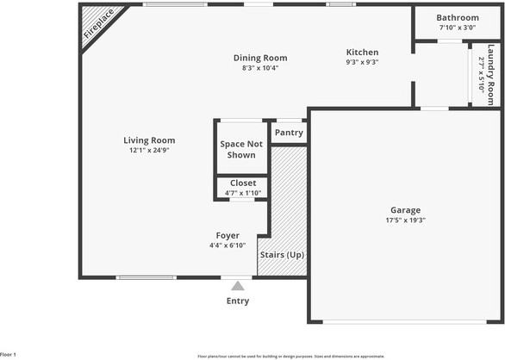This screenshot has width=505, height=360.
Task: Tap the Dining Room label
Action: coord(260,58)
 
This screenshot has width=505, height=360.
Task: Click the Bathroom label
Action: coord(457,17)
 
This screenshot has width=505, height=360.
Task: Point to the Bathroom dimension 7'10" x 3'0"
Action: coord(457,28)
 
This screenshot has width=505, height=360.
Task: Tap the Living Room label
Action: coord(149,140)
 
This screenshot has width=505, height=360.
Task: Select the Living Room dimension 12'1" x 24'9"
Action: coord(149,151)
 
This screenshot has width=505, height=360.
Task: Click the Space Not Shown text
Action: coord(241,149)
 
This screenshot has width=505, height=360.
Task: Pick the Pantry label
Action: coord(289,133)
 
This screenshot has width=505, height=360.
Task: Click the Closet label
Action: coord(242,183)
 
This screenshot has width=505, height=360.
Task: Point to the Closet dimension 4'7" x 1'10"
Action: coord(242,193)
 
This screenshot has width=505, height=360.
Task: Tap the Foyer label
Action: coord(228,235)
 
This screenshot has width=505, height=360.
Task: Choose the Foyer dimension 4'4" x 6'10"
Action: coord(228,245)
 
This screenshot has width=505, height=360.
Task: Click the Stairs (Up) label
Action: coord(282,255)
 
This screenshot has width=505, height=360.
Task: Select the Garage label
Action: coord(405,210)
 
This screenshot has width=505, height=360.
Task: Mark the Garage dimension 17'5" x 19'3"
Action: coord(405,220)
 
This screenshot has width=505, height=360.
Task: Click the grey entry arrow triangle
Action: coord(238,286)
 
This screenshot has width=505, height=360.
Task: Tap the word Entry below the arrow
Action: coord(238,301)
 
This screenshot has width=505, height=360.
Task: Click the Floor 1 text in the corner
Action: coord(9,354)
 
